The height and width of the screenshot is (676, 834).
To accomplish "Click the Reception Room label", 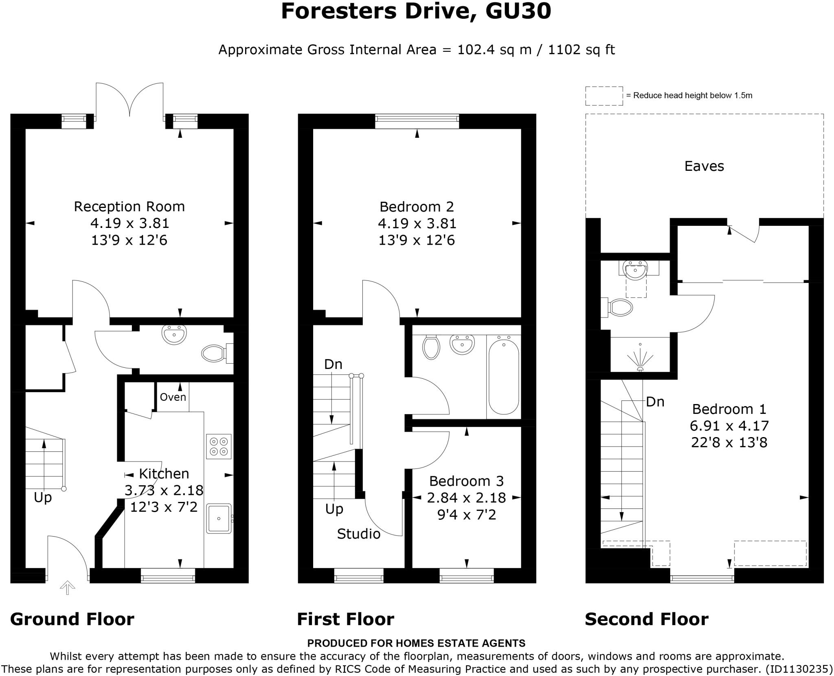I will tap(129, 207).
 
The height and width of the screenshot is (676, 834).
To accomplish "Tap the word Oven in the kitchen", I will tap(173, 397).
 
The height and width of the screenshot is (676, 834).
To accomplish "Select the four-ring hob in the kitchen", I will tap(219, 446).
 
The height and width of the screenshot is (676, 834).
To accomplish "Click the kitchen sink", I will tap(219, 519).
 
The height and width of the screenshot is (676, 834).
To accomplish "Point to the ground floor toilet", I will tap(214, 353).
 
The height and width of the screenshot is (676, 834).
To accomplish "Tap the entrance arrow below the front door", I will tap(67, 588).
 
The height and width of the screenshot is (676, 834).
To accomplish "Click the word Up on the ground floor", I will tap(43, 497).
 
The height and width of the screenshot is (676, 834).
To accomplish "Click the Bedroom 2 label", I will tap(417, 207).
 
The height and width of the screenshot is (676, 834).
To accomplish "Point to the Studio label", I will tap(358, 534).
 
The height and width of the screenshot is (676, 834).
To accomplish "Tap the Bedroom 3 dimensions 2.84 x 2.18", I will tap(466, 498).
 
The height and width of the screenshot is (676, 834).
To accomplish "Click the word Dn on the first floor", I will tap(333, 364).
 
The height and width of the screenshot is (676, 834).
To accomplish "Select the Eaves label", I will tap(704, 166).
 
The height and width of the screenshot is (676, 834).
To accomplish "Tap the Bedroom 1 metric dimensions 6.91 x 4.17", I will tap(729, 426).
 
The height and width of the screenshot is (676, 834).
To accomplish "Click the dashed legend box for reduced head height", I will tap(604, 96).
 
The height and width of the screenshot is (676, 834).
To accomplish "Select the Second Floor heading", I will tap(646, 619).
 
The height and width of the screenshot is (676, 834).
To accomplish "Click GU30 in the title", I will tap(518, 11).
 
